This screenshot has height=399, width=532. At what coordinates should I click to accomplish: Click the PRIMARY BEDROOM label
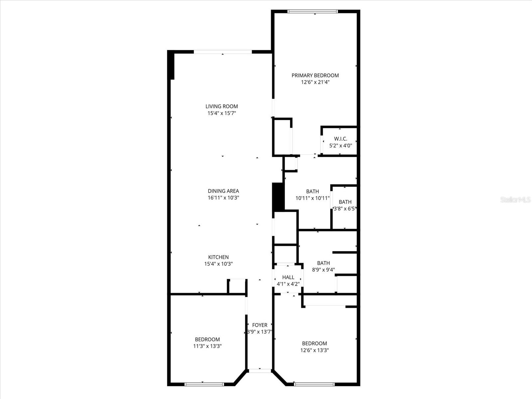pos(315,75)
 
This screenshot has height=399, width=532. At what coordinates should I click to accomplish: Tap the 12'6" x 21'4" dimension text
pos(315,82)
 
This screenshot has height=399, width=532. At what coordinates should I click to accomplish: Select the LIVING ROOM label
pos(221,106)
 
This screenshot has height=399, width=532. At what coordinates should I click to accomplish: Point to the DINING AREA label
pos(223,191)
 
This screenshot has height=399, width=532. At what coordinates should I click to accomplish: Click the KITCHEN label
pos(218,257)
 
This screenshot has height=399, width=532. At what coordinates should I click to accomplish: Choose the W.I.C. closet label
pos(340,139)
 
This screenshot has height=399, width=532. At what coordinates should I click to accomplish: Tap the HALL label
pos(288,277)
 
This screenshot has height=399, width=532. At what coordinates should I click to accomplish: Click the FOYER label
pos(260,325)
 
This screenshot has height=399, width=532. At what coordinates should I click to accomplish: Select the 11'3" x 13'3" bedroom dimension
pos(207,346)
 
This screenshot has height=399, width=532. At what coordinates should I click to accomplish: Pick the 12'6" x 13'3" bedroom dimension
pos(315,350)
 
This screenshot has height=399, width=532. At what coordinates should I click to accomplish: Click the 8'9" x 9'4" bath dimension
pos(323,270)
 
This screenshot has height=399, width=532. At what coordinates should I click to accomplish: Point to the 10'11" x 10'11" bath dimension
pos(312,198)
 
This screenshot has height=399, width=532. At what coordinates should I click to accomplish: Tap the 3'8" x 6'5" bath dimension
pos(345,209)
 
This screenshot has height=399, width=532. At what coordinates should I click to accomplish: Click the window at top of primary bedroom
pos(313,12)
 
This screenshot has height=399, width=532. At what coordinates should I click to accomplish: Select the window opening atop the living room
pos(222,52)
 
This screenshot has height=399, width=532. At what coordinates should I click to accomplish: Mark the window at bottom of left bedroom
pos(204,384)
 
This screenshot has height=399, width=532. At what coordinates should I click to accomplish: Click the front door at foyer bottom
pos(260,370)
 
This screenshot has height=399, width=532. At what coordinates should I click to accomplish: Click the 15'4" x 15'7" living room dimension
pos(221,113)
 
